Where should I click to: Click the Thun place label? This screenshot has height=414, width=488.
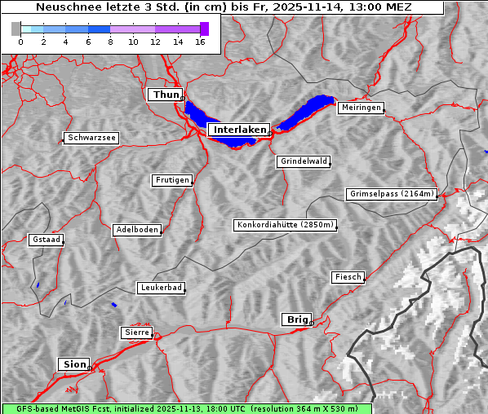(x=165, y=95)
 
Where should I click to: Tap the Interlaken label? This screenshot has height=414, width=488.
(x=238, y=130)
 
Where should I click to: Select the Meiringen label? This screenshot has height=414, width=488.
(x=360, y=108)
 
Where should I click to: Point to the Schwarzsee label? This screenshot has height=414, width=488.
(x=91, y=139)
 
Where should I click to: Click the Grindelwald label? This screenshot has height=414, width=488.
(x=304, y=161)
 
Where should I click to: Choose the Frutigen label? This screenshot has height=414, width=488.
(x=171, y=180)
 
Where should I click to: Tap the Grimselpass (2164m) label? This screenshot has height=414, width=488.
(x=392, y=194)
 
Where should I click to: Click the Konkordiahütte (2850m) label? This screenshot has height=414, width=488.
(x=285, y=225)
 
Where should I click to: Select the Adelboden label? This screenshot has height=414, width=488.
(x=136, y=230)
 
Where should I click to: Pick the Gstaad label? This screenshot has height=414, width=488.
(x=46, y=240)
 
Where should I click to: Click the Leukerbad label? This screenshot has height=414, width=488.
(x=161, y=288)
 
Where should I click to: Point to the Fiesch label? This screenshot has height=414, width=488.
(x=348, y=277)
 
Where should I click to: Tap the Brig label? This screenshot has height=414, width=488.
(x=295, y=319)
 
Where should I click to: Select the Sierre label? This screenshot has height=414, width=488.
(x=136, y=333)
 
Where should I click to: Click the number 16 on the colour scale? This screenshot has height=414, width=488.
(x=200, y=42)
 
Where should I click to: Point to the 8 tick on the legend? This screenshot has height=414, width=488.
(x=110, y=42)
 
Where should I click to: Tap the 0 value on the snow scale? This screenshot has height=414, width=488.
(x=20, y=42)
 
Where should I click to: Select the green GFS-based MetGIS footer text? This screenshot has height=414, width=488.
(x=186, y=408)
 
